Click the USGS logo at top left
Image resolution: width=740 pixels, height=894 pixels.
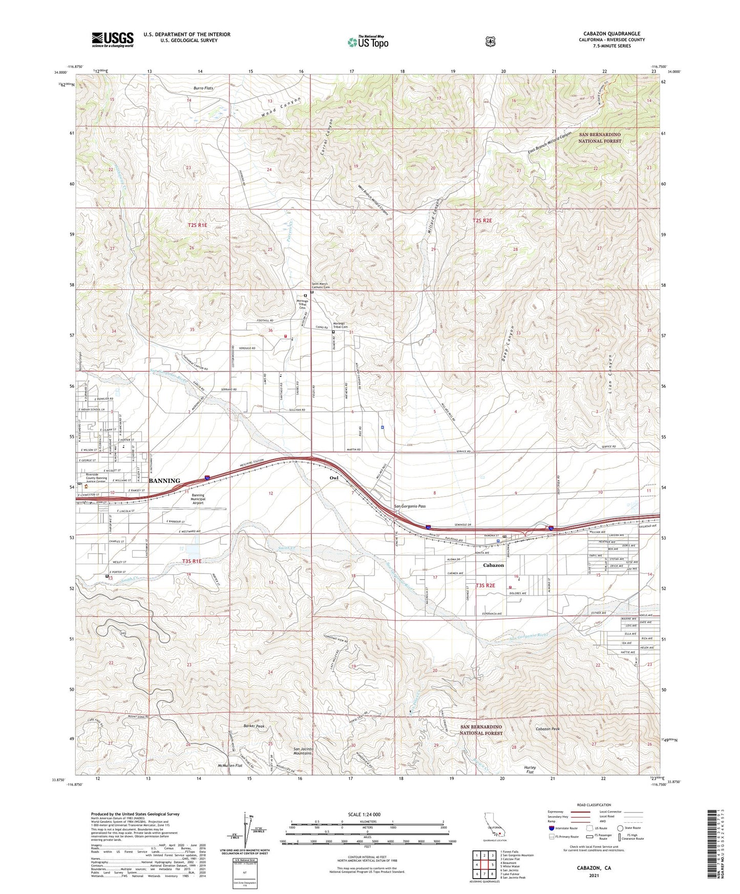coord(113,39)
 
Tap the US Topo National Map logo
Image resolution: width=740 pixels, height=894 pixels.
coord(367,41)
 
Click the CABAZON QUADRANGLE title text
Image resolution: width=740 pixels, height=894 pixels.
coord(611,34)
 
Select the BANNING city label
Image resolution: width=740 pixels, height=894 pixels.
coord(164,481)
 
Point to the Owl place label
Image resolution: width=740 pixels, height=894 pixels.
coord(334,478)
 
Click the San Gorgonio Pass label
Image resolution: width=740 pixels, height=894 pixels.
coord(410,506)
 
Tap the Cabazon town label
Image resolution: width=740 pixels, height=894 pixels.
coord(493,565)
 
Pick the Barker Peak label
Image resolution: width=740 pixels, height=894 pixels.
coord(254,726)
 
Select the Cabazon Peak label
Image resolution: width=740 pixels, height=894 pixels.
coord(547,729)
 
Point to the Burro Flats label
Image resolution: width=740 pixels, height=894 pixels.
coord(203,88)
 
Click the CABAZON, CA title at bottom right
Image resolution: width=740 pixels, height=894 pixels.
coord(594,868)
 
